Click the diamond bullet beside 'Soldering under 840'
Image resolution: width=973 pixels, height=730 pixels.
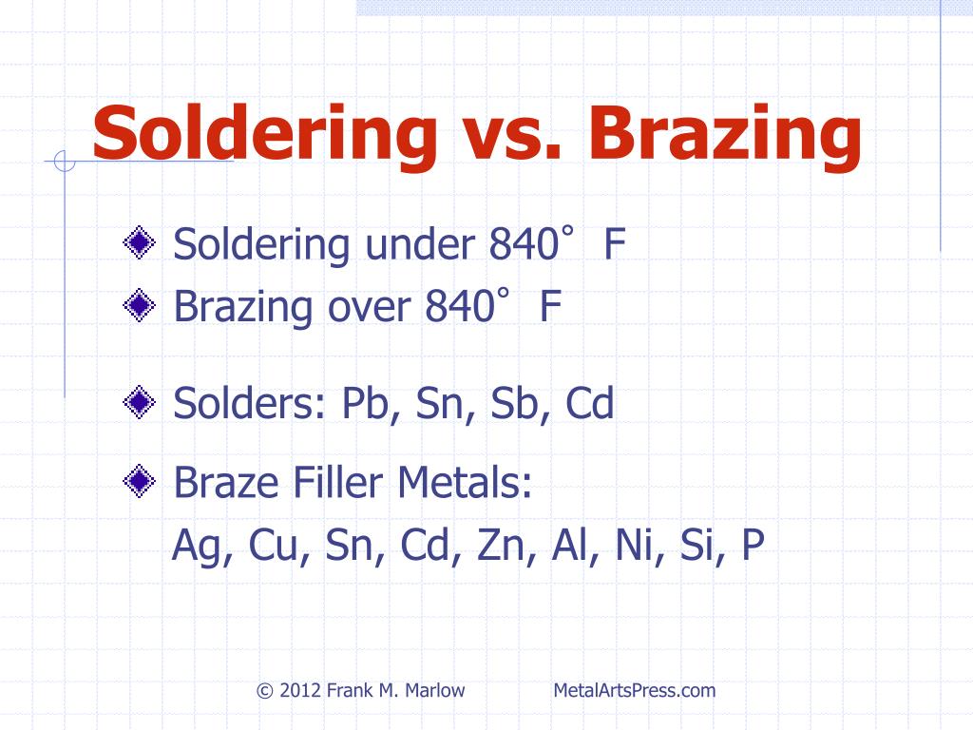coord(139,242)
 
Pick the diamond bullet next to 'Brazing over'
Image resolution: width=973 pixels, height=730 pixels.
coord(139,305)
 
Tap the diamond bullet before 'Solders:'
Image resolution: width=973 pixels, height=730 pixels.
coord(139,402)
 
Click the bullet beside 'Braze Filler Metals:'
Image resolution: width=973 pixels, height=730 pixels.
coord(139,481)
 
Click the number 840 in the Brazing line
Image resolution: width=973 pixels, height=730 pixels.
coord(460,306)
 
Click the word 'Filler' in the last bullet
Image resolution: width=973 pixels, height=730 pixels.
coord(337,482)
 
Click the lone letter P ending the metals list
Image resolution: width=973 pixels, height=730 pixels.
coord(753,545)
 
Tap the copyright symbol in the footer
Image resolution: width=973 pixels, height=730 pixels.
coord(265,691)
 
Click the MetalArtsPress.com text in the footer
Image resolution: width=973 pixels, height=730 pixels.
coord(634,690)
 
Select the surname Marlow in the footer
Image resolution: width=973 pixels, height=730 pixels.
coord(434,690)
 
